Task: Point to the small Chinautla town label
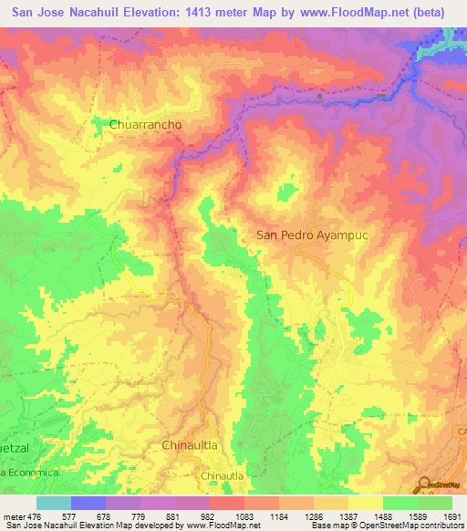coord(222,475)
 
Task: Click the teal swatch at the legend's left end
coord(54,503)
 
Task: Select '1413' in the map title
coord(205,11)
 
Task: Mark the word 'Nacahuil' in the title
coord(98,11)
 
